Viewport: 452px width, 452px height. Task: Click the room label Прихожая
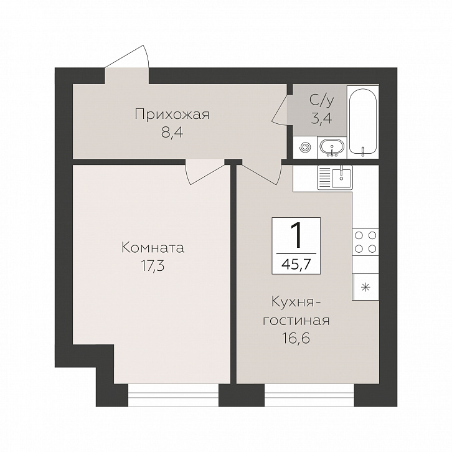click(x=172, y=115)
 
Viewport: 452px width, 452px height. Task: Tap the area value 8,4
click(x=172, y=133)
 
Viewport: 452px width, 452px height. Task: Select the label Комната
click(x=153, y=248)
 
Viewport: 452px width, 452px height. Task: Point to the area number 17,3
click(x=153, y=266)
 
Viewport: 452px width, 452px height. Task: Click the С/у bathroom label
click(x=322, y=101)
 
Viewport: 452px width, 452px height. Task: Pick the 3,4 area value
click(x=321, y=118)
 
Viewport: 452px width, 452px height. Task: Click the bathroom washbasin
click(x=332, y=147)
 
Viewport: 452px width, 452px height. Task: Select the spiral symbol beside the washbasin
click(x=305, y=148)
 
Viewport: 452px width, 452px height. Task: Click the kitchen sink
click(x=335, y=177)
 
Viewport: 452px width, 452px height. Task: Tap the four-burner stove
click(x=365, y=242)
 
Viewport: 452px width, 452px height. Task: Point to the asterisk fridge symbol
click(x=365, y=287)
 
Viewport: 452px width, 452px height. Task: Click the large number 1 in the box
click(x=296, y=235)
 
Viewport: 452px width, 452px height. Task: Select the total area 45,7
click(x=296, y=264)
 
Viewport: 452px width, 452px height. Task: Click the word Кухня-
click(x=296, y=303)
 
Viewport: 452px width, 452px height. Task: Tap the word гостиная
click(x=296, y=321)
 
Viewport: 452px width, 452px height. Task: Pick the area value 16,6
click(x=296, y=339)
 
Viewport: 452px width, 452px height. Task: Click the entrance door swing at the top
click(x=127, y=61)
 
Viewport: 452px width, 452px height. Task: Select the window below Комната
click(x=173, y=395)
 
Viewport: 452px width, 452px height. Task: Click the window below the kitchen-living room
click(x=309, y=395)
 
